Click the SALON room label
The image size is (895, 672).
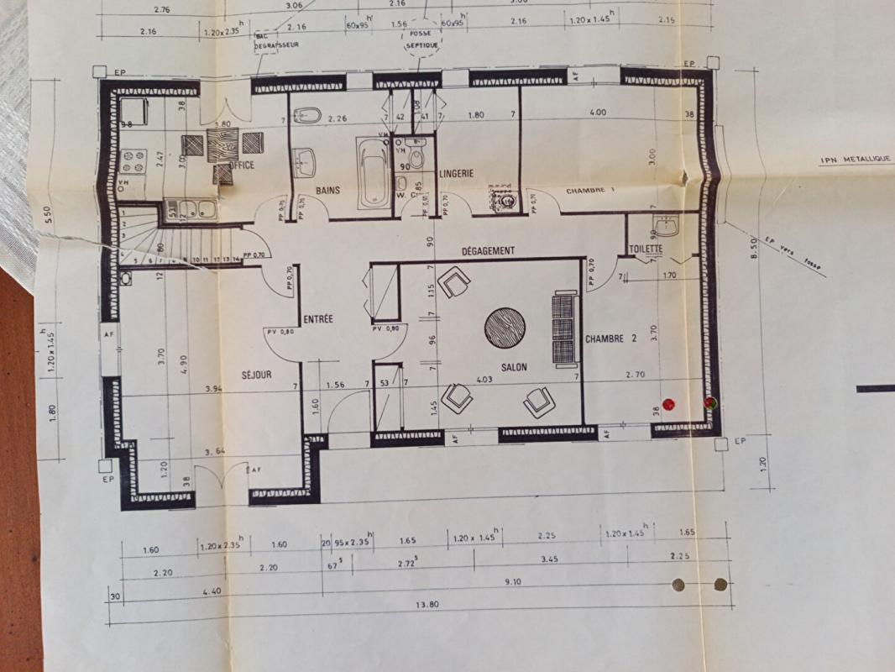pyautogui.click(x=514, y=368)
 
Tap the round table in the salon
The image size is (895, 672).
pyautogui.click(x=505, y=326)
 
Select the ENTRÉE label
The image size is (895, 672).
pyautogui.click(x=318, y=319)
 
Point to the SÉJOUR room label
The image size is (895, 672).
pyautogui.click(x=256, y=375)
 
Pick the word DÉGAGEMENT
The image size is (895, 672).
pyautogui.click(x=488, y=251)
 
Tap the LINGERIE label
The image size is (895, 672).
pyautogui.click(x=456, y=173)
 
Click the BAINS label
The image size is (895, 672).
pyautogui.click(x=328, y=191)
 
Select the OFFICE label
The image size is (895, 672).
pyautogui.click(x=241, y=165)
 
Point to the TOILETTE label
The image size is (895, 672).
pyautogui.click(x=646, y=249)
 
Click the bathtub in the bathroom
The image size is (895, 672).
pyautogui.click(x=374, y=173)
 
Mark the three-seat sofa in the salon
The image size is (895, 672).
pyautogui.click(x=565, y=328)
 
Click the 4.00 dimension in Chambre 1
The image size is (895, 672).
pyautogui.click(x=598, y=113)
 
